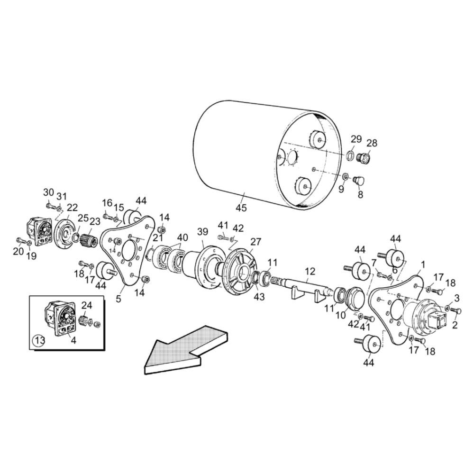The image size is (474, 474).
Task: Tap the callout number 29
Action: click(356, 139)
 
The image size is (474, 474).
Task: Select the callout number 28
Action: click(372, 143)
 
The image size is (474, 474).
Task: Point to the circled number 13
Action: click(39, 339)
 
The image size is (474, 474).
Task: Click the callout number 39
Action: click(203, 231)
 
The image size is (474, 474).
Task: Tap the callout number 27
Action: click(256, 241)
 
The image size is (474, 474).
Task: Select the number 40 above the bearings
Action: click(182, 237)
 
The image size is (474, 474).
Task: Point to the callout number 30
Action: click(48, 192)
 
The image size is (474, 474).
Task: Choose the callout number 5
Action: click(118, 299)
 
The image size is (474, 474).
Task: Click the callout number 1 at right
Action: click(423, 264)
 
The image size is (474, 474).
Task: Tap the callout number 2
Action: click(455, 325)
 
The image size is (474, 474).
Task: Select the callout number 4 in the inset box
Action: click(73, 339)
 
